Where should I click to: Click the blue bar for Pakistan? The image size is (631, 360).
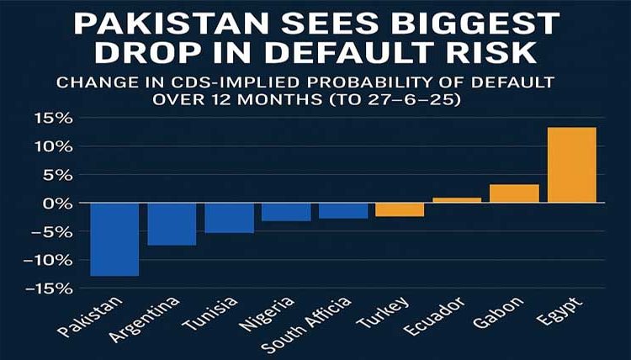pyautogui.click(x=114, y=239)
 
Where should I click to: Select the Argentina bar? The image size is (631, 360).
pyautogui.click(x=172, y=224)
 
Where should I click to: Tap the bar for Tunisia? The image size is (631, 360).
pyautogui.click(x=229, y=218)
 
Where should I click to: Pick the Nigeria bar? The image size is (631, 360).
pyautogui.click(x=286, y=212)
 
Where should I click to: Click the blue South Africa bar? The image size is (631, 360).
pyautogui.click(x=343, y=210)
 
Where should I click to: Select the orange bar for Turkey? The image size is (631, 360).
pyautogui.click(x=400, y=209)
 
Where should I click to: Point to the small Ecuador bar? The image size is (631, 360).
pyautogui.click(x=457, y=200)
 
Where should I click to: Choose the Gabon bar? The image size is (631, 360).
pyautogui.click(x=514, y=193)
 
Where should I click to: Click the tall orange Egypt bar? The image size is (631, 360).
pyautogui.click(x=571, y=165)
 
